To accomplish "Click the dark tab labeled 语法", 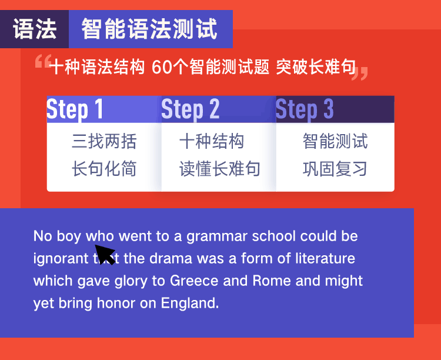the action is coord(34,29).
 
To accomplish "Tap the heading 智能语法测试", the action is coord(149,29).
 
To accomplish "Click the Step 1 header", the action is coord(104,109).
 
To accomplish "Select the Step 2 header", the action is coord(219,109).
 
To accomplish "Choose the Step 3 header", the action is coord(335,109).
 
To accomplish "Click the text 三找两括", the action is coord(104,141).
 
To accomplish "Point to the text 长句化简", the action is coord(104,169).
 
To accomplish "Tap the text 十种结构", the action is coord(212,141).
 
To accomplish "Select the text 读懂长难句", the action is coord(220,169).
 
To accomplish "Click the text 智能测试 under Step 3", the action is coord(335,141).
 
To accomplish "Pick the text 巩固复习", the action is coord(335,169).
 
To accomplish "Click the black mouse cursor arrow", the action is coord(105,254).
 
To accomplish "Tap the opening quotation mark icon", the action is coord(44,61).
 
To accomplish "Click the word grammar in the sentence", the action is coord(217,236).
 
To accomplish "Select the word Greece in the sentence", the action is coord(194,281).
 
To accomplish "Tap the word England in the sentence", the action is coord(190,303).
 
